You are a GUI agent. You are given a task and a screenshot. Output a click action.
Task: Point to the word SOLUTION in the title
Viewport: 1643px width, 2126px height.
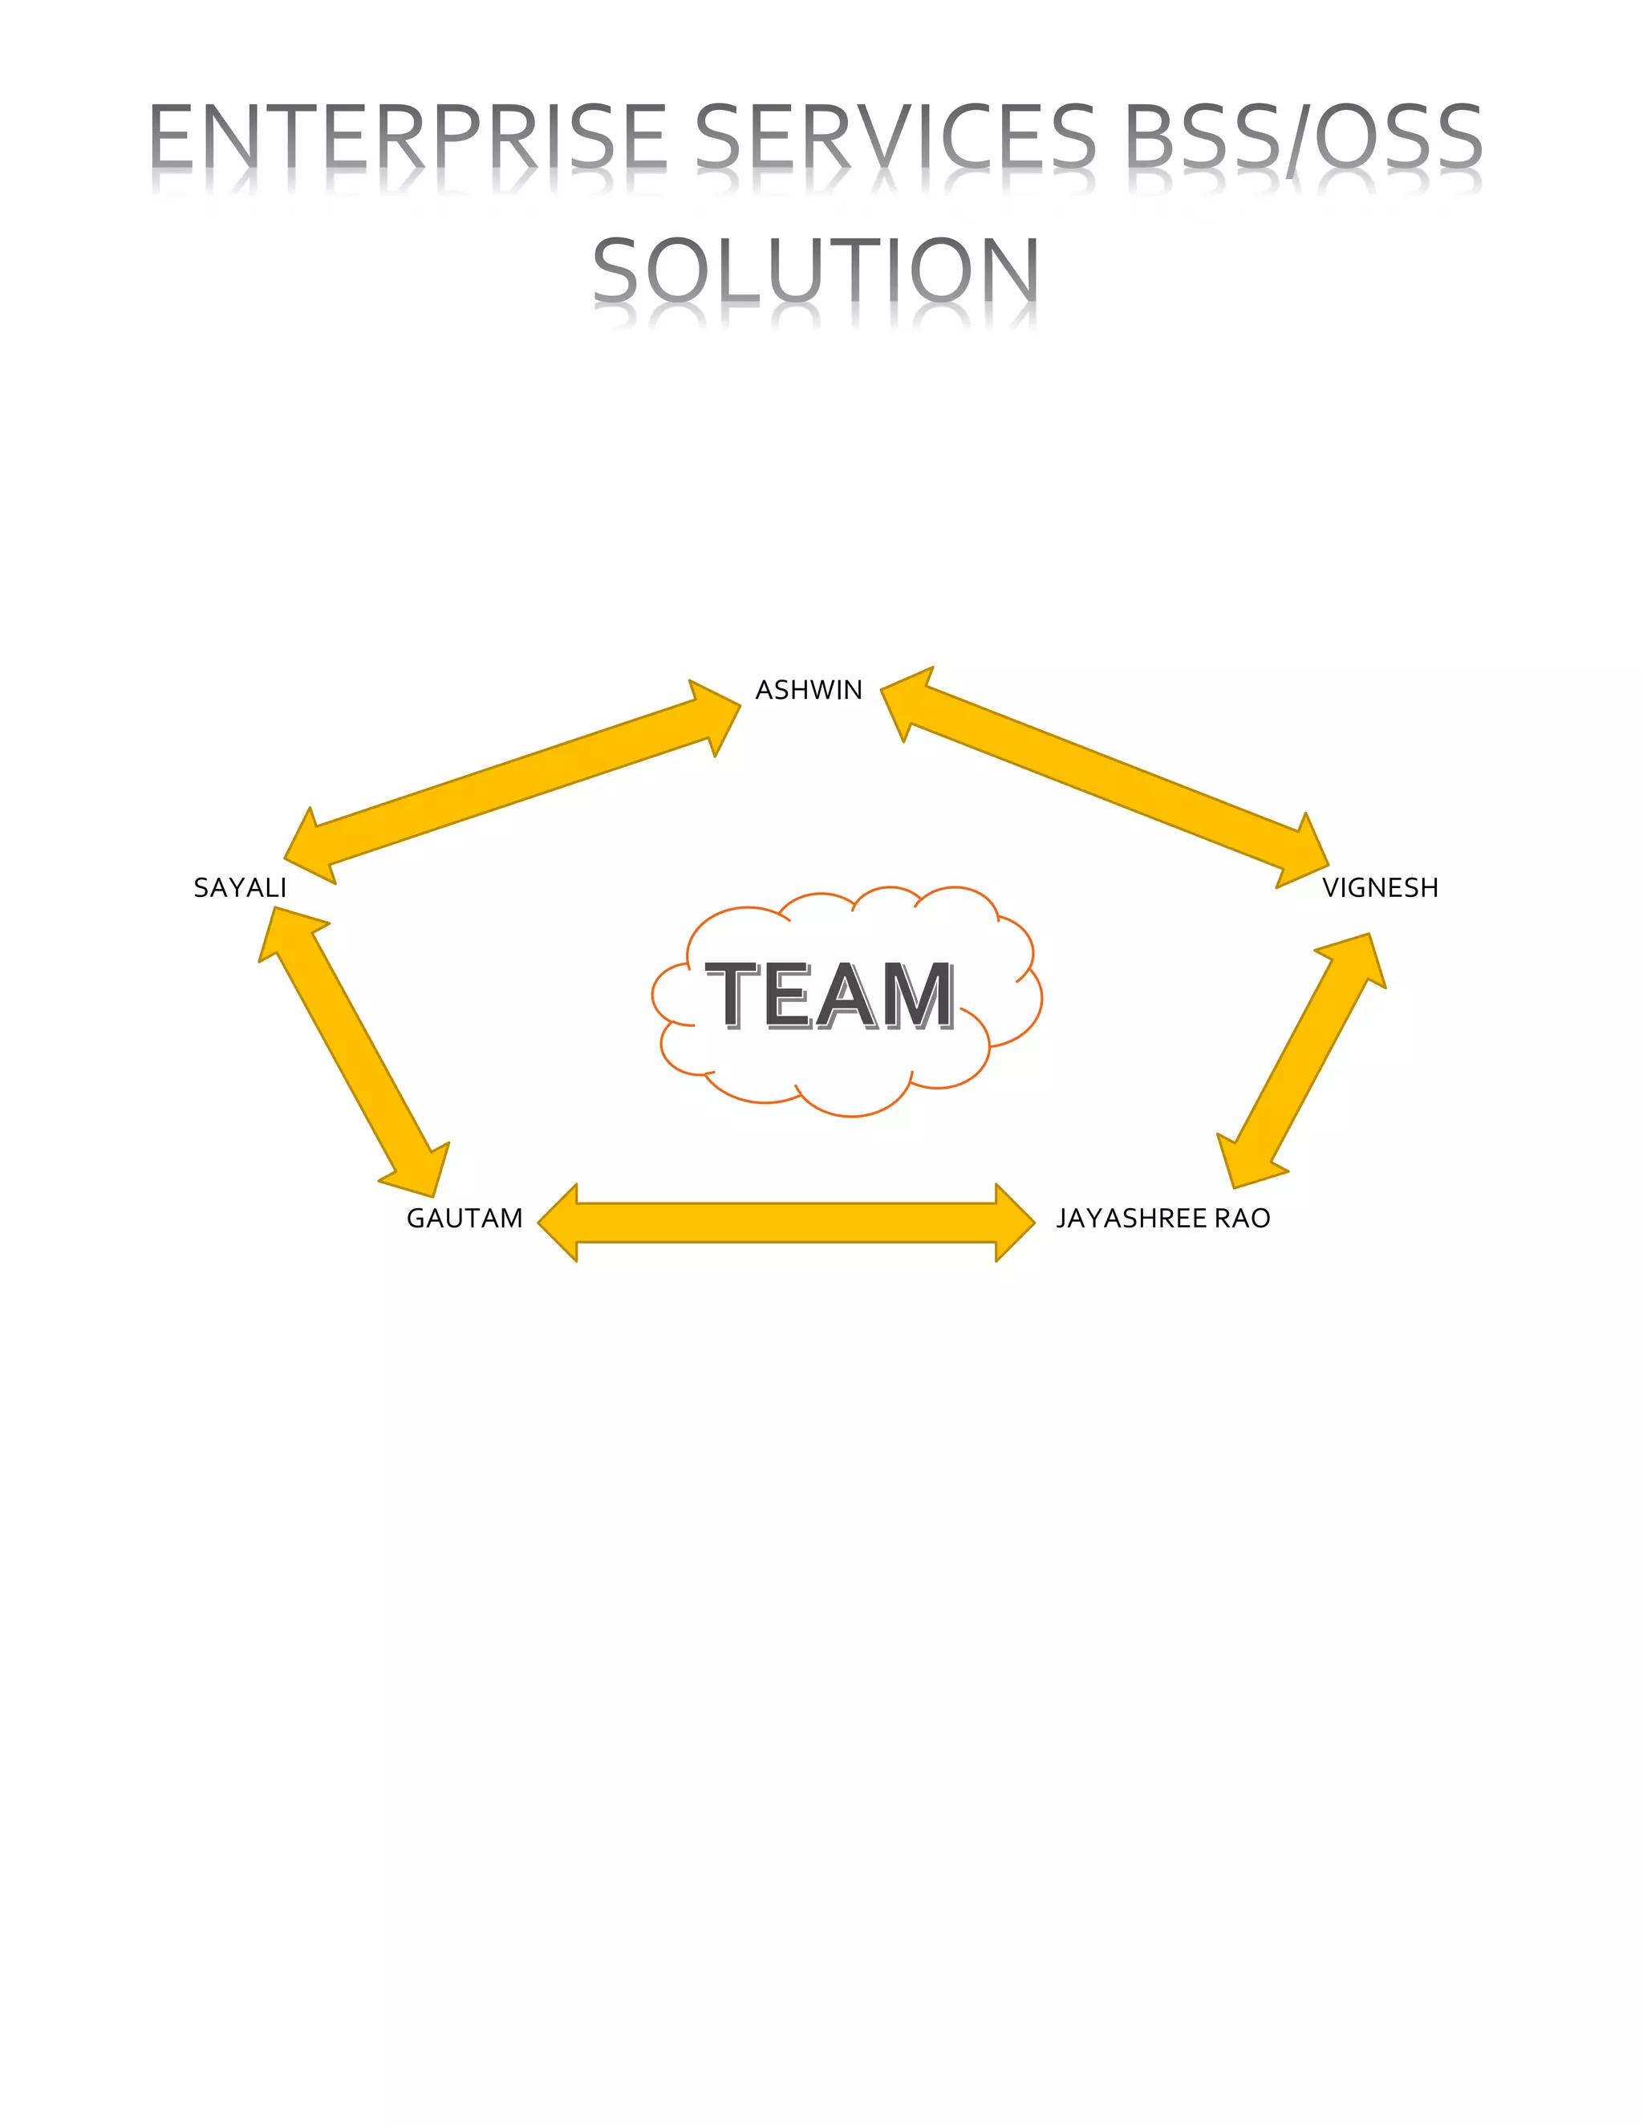(x=816, y=270)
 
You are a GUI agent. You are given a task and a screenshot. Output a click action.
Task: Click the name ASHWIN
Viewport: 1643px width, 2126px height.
(x=809, y=690)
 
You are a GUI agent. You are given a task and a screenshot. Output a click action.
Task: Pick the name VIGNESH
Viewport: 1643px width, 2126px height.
(x=1379, y=888)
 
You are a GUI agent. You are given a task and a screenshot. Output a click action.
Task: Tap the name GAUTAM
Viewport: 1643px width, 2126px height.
(x=465, y=1219)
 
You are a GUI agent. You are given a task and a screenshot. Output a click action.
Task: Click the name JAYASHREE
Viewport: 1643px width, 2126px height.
(x=1131, y=1219)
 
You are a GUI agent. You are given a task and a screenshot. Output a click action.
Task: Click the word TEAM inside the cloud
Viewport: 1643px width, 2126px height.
(x=830, y=995)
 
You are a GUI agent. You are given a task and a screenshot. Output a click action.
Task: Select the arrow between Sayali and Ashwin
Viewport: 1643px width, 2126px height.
(x=513, y=781)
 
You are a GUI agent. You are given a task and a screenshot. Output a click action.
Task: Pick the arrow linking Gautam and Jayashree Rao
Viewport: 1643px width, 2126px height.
(x=785, y=1223)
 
